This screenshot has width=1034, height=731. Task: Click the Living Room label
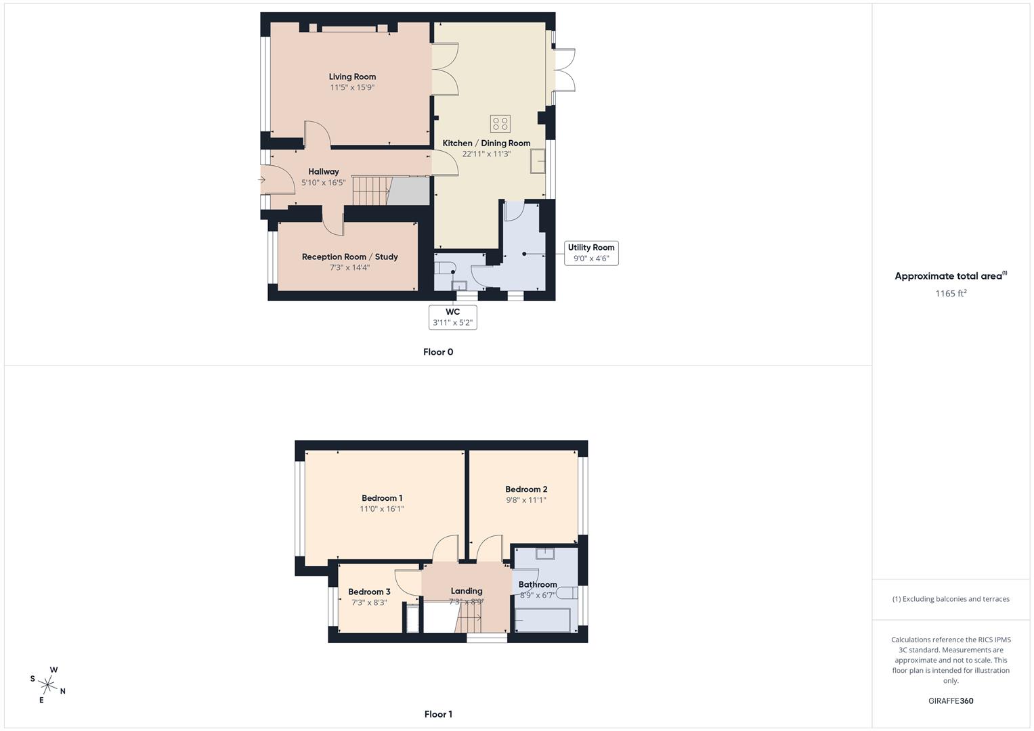point(352,76)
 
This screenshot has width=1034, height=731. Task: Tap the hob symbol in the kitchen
point(500,124)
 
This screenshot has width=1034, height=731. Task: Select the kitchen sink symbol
point(538,162)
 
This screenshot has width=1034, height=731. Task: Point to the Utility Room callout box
point(591,252)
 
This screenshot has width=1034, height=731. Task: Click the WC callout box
point(453,317)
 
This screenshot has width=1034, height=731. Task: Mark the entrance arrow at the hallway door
point(261,180)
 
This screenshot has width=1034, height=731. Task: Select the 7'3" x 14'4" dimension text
point(349,267)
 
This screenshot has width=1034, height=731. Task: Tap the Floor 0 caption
point(438,352)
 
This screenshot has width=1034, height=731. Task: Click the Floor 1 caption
point(438,714)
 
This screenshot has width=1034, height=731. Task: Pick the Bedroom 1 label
point(382,498)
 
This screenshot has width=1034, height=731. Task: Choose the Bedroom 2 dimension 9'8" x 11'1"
point(526,500)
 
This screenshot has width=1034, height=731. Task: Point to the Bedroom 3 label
point(369,592)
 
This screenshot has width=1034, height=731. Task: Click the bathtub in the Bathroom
point(542,619)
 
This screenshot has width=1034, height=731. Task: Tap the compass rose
point(48,684)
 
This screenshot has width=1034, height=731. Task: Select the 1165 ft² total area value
point(951,293)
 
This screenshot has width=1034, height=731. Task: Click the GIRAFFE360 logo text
point(951,701)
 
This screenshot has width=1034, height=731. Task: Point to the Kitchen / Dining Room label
point(486,143)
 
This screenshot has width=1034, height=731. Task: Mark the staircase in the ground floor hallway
point(372,190)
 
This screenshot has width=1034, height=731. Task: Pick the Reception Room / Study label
point(349,257)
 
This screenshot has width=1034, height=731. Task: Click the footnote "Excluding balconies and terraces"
point(951,599)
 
